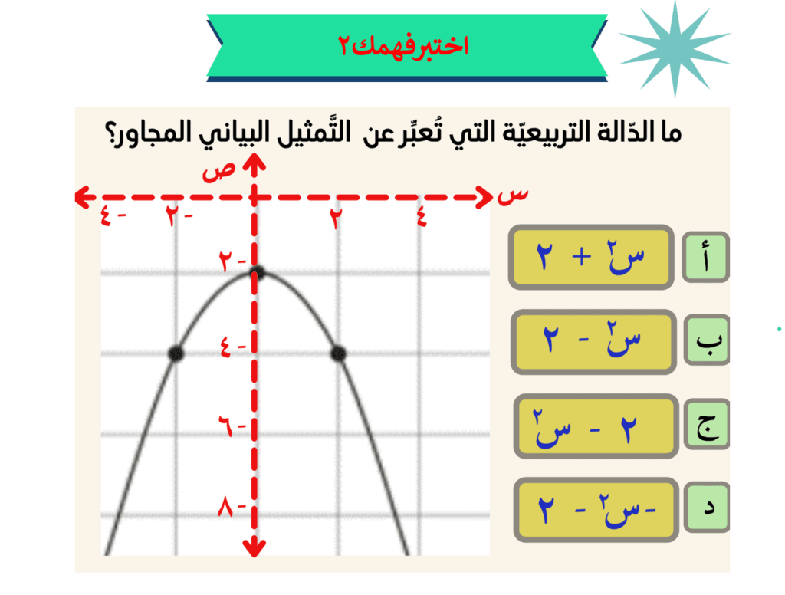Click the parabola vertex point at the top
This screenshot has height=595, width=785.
258,272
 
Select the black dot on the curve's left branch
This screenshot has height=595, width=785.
176,353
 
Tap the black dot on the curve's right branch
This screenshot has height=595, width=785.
338,353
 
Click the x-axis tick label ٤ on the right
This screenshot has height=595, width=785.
422,217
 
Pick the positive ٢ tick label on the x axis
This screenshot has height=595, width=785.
336,217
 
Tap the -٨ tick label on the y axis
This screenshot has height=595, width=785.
232,507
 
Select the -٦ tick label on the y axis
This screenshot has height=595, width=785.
232,426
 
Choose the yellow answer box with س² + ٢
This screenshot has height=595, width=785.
591,257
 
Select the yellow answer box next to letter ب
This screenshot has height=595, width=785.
594,341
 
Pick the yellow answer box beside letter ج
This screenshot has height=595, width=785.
596,426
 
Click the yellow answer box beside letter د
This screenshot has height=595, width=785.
596,510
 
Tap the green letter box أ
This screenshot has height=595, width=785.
705,257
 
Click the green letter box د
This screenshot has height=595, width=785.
707,508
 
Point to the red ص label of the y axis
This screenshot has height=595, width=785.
218,171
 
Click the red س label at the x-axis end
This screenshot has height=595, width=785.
513,196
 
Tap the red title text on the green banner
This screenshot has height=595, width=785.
403,46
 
